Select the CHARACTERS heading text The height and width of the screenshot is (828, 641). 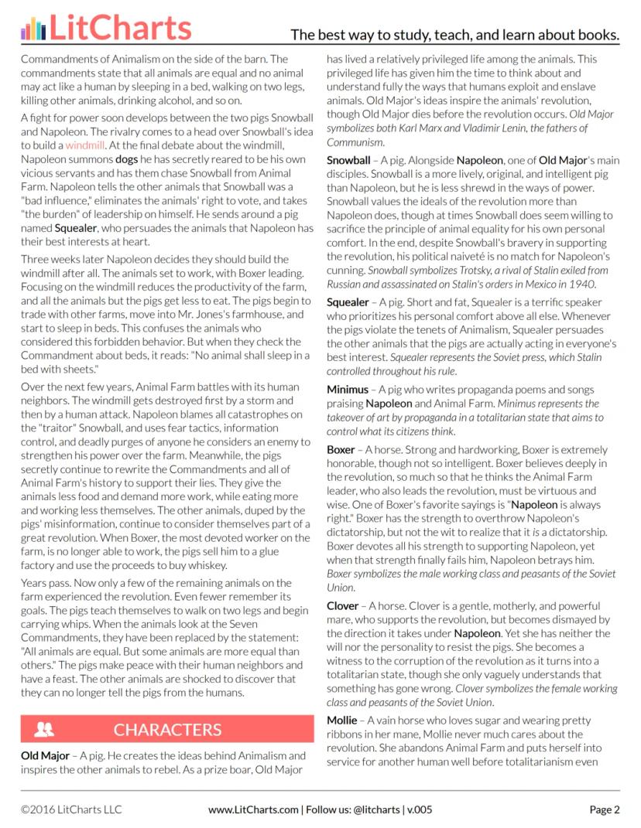167,730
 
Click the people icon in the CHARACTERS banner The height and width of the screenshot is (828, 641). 44,729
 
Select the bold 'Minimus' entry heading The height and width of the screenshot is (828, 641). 347,389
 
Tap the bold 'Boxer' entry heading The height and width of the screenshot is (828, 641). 341,449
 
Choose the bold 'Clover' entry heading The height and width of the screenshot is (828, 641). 343,605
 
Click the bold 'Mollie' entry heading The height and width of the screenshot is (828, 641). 342,720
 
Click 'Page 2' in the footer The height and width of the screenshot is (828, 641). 605,810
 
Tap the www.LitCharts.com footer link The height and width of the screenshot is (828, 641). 253,810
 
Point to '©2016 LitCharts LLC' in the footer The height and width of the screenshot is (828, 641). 71,810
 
